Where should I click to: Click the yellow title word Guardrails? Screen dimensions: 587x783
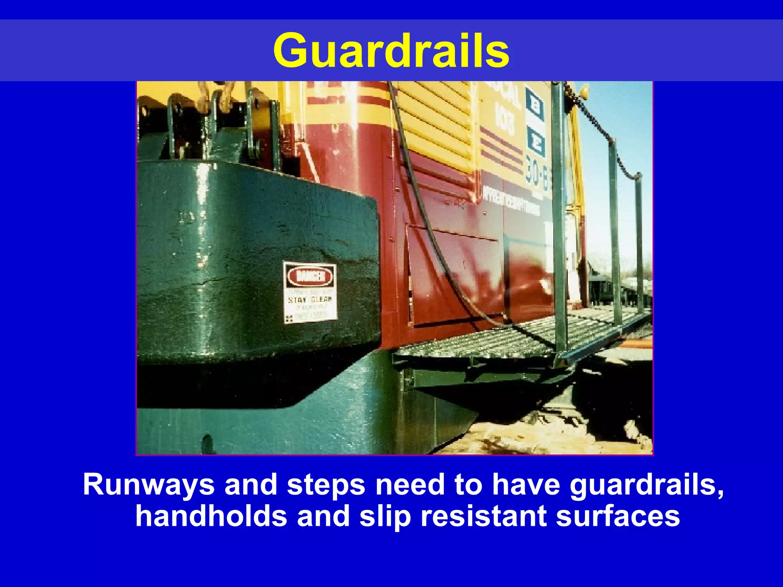[x=391, y=51]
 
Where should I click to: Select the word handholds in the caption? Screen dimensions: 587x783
[x=211, y=516]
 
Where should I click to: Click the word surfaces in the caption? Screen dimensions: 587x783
[x=618, y=516]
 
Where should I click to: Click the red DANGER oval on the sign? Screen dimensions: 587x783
[x=310, y=276]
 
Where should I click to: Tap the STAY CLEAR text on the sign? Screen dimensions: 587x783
[x=310, y=299]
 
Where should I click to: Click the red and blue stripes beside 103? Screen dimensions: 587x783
[x=501, y=151]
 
